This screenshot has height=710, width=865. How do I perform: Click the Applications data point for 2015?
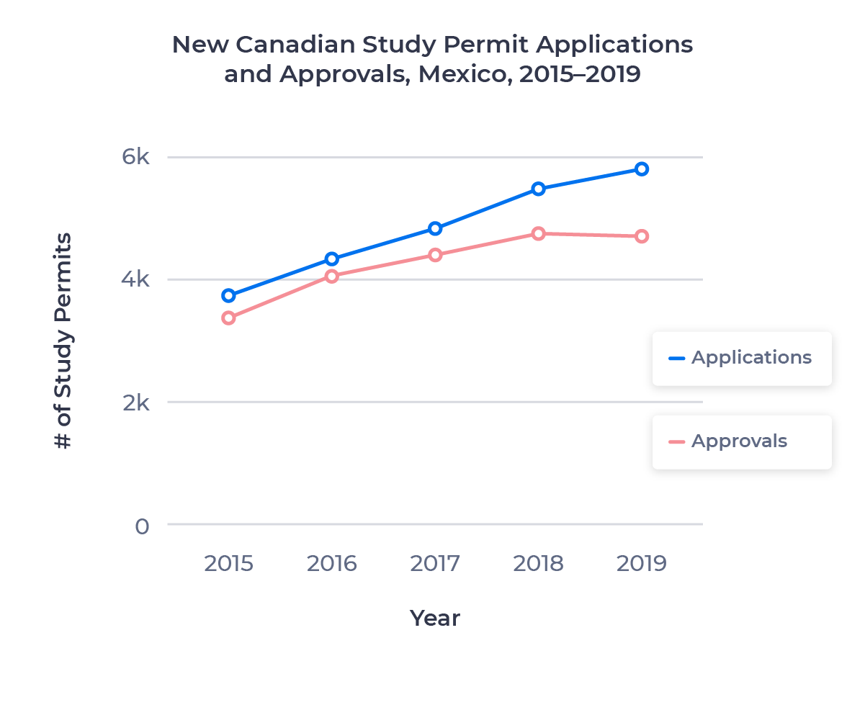point(229,295)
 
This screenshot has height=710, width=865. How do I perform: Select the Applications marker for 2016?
point(332,259)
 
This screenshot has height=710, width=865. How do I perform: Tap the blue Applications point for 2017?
point(435,228)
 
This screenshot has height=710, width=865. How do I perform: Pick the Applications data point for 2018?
point(538,189)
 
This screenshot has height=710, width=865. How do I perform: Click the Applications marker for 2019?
point(641,169)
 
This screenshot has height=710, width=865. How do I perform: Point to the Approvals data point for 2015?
point(229,318)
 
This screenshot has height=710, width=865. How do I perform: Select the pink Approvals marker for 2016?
point(332,276)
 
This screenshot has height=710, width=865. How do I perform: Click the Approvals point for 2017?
point(435,255)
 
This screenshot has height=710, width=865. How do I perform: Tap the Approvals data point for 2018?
point(538,233)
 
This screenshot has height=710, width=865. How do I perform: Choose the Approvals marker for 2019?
point(641,236)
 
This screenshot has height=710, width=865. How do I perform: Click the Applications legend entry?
point(741,358)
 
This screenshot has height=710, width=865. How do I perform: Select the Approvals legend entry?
point(729,441)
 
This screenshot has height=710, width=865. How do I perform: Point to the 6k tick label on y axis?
point(135,157)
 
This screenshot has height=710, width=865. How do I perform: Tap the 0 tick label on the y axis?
point(142,526)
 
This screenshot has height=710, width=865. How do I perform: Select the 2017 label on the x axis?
point(435,563)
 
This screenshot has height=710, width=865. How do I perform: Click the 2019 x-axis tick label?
point(641,563)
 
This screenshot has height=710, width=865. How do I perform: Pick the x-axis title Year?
point(434,618)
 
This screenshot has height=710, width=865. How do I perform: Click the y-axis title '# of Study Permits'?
point(63,341)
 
